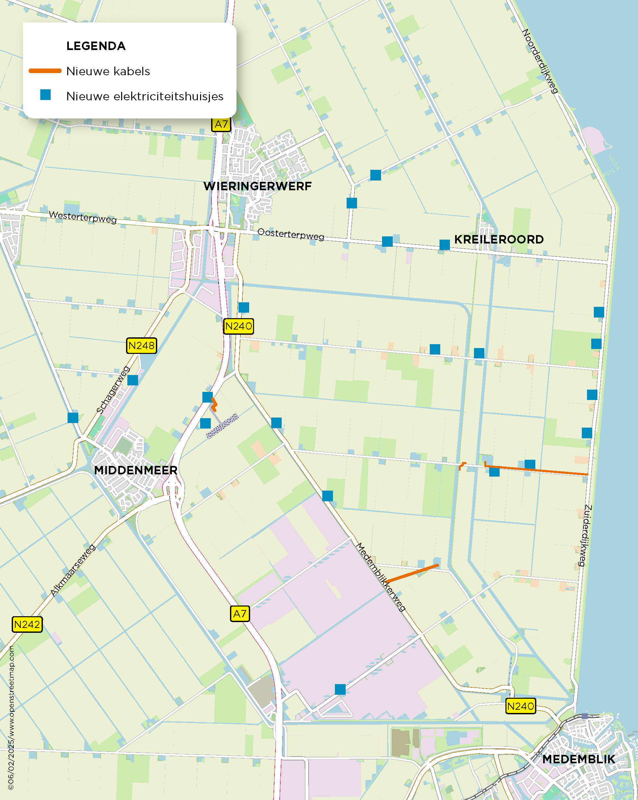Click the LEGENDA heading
[96, 46]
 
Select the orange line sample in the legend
[45, 71]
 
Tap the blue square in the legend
[45, 95]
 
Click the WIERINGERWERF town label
[257, 186]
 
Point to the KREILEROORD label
[499, 239]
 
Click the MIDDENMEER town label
[135, 470]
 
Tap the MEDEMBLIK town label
[578, 759]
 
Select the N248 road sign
[141, 345]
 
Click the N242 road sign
[27, 624]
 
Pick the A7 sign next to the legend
[221, 124]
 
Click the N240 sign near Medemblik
[520, 706]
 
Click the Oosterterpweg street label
[290, 234]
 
